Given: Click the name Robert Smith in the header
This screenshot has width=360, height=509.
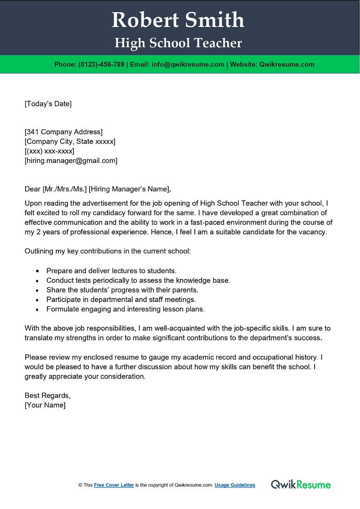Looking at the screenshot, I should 178,20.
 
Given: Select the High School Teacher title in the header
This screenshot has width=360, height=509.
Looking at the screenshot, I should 178,43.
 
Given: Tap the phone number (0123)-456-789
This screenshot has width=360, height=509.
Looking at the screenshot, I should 101,64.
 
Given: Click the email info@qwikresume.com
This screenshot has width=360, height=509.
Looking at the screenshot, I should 188,64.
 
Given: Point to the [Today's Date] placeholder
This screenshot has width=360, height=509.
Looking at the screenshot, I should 48,104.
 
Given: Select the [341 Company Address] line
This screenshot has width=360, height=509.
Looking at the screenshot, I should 63,132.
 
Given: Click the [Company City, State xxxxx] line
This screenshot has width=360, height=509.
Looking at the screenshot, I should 70,141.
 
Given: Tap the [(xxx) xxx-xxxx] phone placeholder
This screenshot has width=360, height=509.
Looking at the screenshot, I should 49,151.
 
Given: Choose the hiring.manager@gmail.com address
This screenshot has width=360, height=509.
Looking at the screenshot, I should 71,160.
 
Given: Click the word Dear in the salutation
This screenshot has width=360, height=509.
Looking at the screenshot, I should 32,189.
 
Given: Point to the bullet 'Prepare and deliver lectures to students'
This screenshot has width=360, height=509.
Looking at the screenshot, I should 111,271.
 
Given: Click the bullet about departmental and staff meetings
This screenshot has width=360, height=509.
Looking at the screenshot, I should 121,299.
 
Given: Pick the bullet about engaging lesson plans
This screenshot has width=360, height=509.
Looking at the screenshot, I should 126,309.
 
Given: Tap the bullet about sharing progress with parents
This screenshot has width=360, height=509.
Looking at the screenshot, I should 122,290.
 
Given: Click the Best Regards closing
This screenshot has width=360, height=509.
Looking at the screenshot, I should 48,396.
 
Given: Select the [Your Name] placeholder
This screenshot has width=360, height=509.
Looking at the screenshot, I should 45,405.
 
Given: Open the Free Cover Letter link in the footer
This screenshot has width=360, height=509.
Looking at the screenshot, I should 114,485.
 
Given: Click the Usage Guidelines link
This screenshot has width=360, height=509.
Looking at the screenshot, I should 235,485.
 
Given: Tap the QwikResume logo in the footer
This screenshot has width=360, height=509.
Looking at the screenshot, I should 301,485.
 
